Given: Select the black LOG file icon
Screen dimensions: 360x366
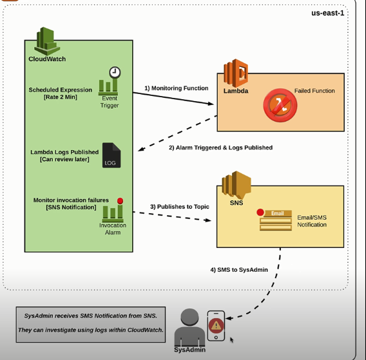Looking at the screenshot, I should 111,155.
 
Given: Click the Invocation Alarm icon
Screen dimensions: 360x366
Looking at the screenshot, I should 112,209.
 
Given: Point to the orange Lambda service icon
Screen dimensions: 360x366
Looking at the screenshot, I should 235,72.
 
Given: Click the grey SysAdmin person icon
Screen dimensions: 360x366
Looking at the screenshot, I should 190,327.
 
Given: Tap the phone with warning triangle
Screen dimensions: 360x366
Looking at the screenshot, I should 216,327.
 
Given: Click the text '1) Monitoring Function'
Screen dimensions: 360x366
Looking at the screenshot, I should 176,88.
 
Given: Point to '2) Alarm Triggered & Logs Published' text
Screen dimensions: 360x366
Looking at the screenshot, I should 220,147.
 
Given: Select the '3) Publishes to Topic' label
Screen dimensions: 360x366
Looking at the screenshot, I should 180,206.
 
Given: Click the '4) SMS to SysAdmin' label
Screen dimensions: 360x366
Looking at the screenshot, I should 238,270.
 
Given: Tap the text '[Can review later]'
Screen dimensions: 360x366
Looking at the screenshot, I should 64,159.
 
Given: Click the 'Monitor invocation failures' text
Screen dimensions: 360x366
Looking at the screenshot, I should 71,200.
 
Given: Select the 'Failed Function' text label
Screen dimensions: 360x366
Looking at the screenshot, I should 314,91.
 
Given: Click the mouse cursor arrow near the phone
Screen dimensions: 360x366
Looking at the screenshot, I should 231,339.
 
